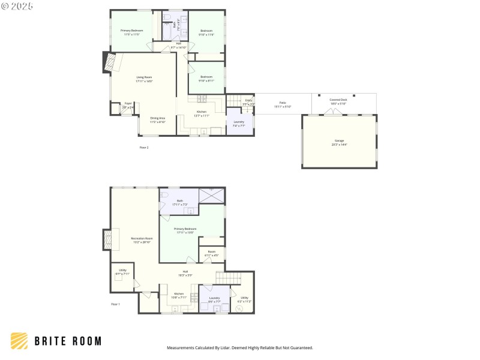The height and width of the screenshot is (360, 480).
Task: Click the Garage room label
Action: click(x=340, y=142)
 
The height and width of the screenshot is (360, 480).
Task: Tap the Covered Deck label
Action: click(x=338, y=102)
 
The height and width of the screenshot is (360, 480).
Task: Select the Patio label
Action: click(x=282, y=105)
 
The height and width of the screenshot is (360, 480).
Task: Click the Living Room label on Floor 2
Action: click(x=144, y=79)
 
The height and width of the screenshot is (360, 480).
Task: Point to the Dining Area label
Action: click(x=158, y=119)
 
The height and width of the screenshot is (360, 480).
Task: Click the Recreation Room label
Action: click(x=142, y=240)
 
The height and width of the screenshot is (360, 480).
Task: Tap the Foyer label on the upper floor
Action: click(x=128, y=105)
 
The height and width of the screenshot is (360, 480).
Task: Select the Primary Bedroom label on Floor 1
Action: click(x=185, y=230)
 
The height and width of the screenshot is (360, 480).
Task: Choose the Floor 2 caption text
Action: click(x=144, y=147)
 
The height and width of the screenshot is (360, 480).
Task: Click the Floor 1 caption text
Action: click(x=116, y=305)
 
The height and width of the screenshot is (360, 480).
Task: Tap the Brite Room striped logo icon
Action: click(x=19, y=341)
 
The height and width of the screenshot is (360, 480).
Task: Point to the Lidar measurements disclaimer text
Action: click(x=239, y=348)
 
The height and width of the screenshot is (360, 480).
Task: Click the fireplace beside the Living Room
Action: click(x=109, y=63)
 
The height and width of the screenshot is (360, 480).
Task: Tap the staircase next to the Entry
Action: click(x=233, y=100)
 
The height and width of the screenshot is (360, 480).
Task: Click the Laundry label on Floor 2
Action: click(x=239, y=124)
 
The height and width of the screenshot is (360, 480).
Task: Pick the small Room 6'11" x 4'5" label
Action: click(x=212, y=253)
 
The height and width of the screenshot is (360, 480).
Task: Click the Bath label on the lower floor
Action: click(x=180, y=202)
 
